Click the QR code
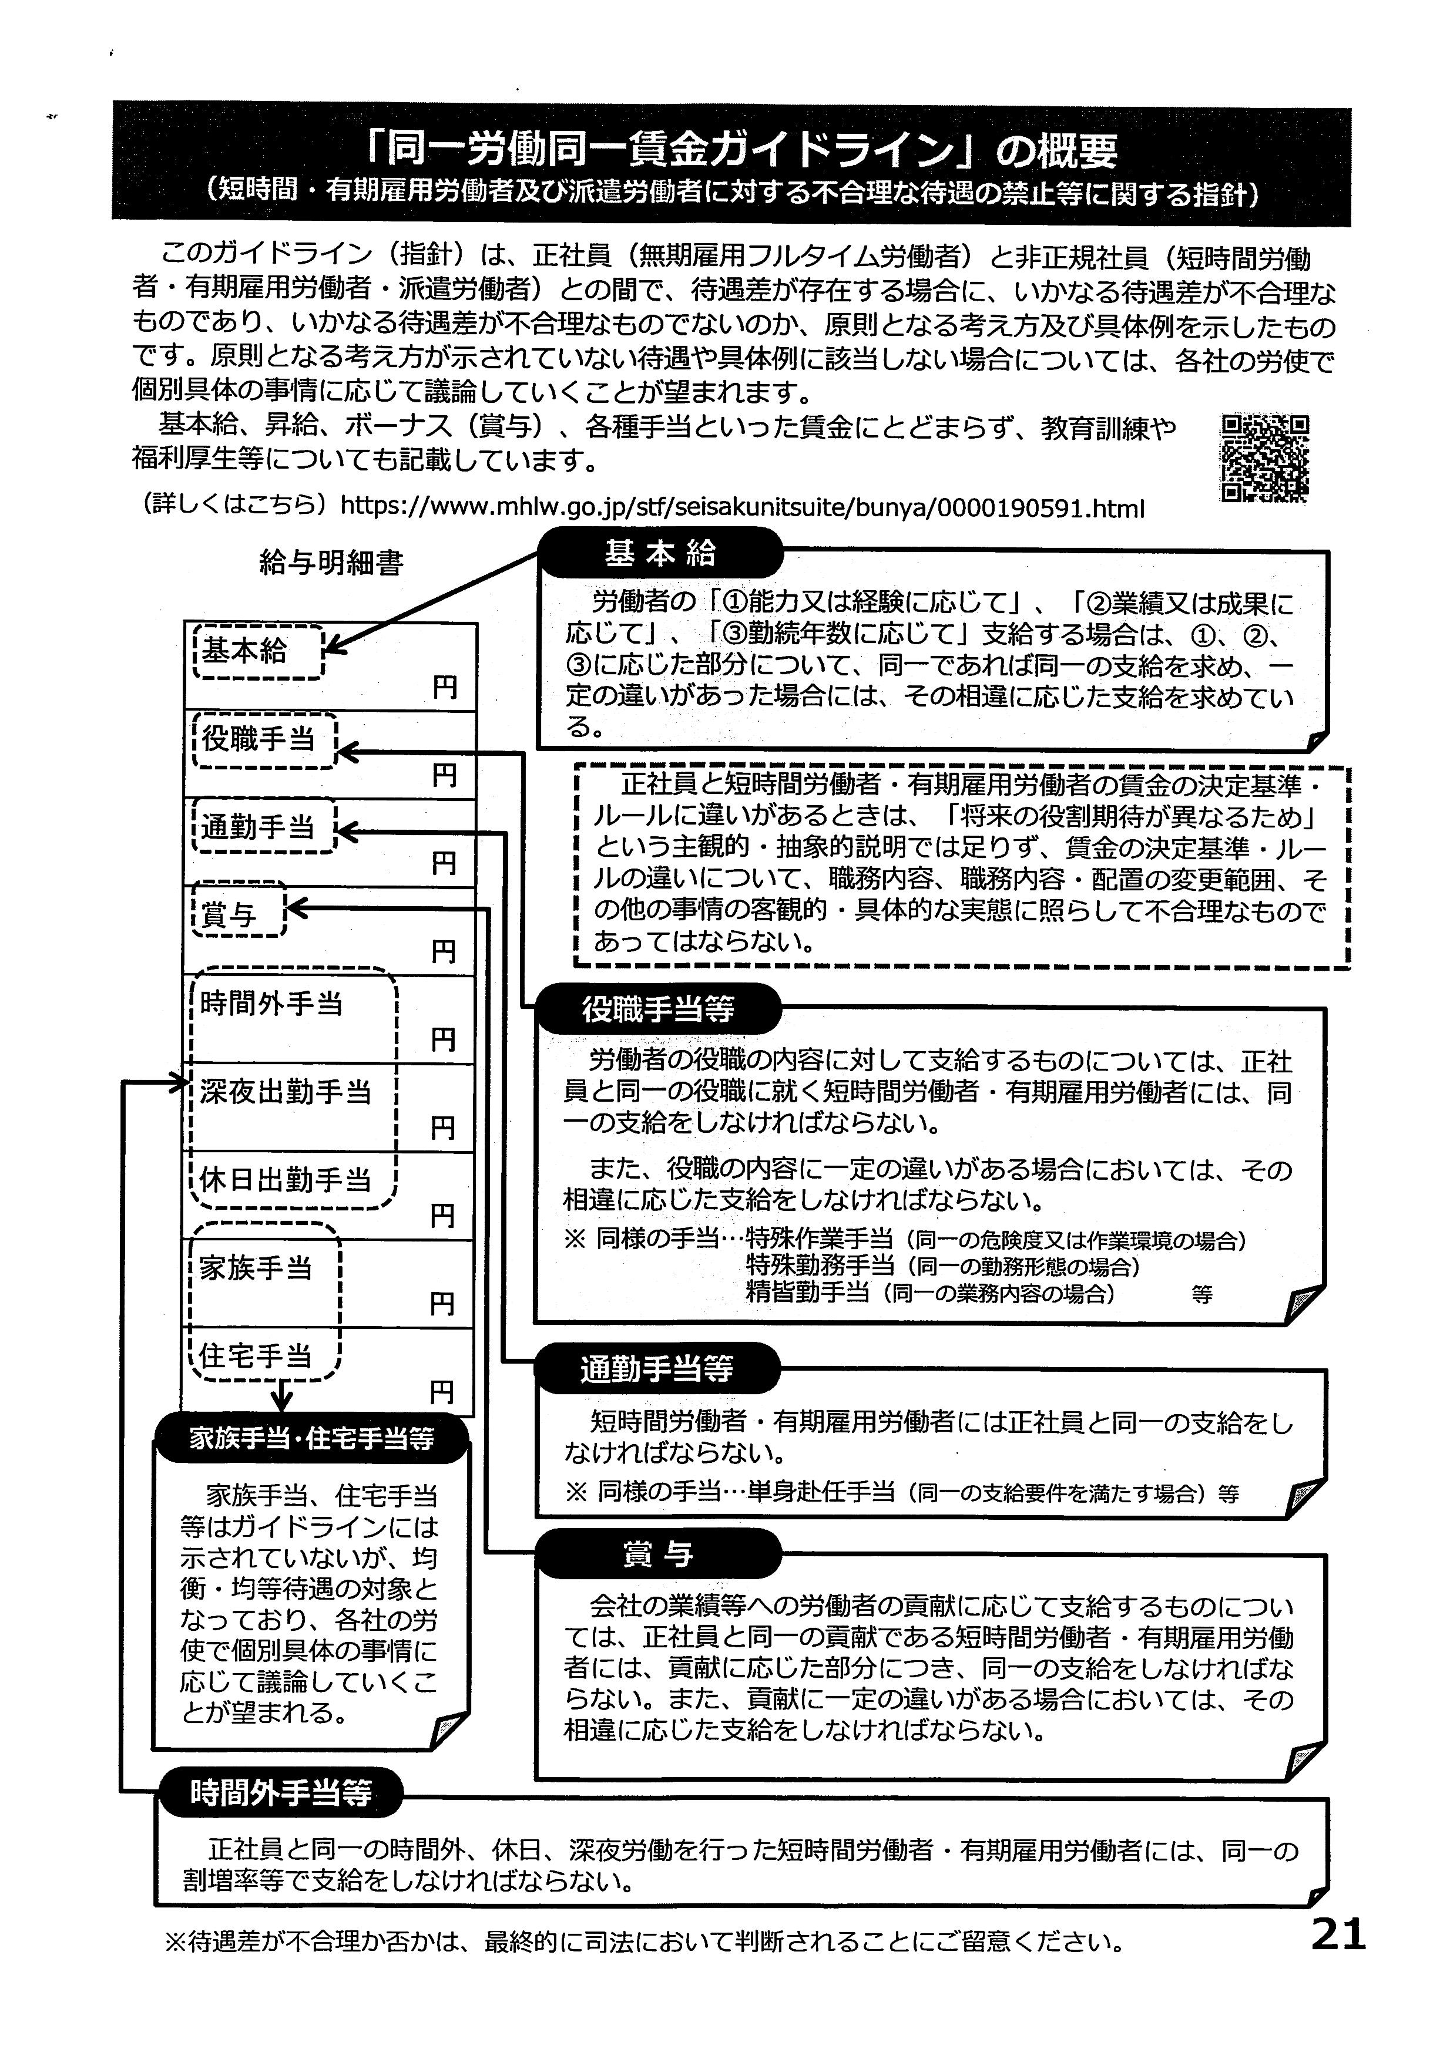point(1264,457)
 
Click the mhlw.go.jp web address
point(743,509)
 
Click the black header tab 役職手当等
point(658,1009)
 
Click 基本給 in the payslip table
point(244,651)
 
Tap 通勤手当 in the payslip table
point(258,826)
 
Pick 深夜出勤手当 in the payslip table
point(285,1092)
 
